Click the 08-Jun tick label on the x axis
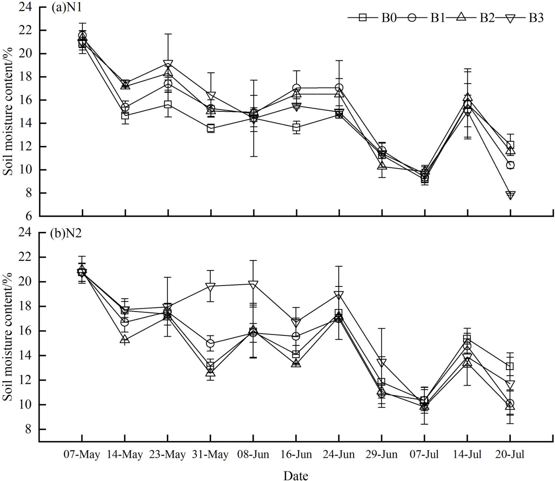253,455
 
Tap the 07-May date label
82,455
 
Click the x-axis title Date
296,475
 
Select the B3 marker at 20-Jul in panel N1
510,195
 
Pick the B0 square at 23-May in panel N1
167,105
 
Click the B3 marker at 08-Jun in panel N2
253,284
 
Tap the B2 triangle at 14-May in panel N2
125,340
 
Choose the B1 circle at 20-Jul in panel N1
510,165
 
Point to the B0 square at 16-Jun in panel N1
296,127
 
